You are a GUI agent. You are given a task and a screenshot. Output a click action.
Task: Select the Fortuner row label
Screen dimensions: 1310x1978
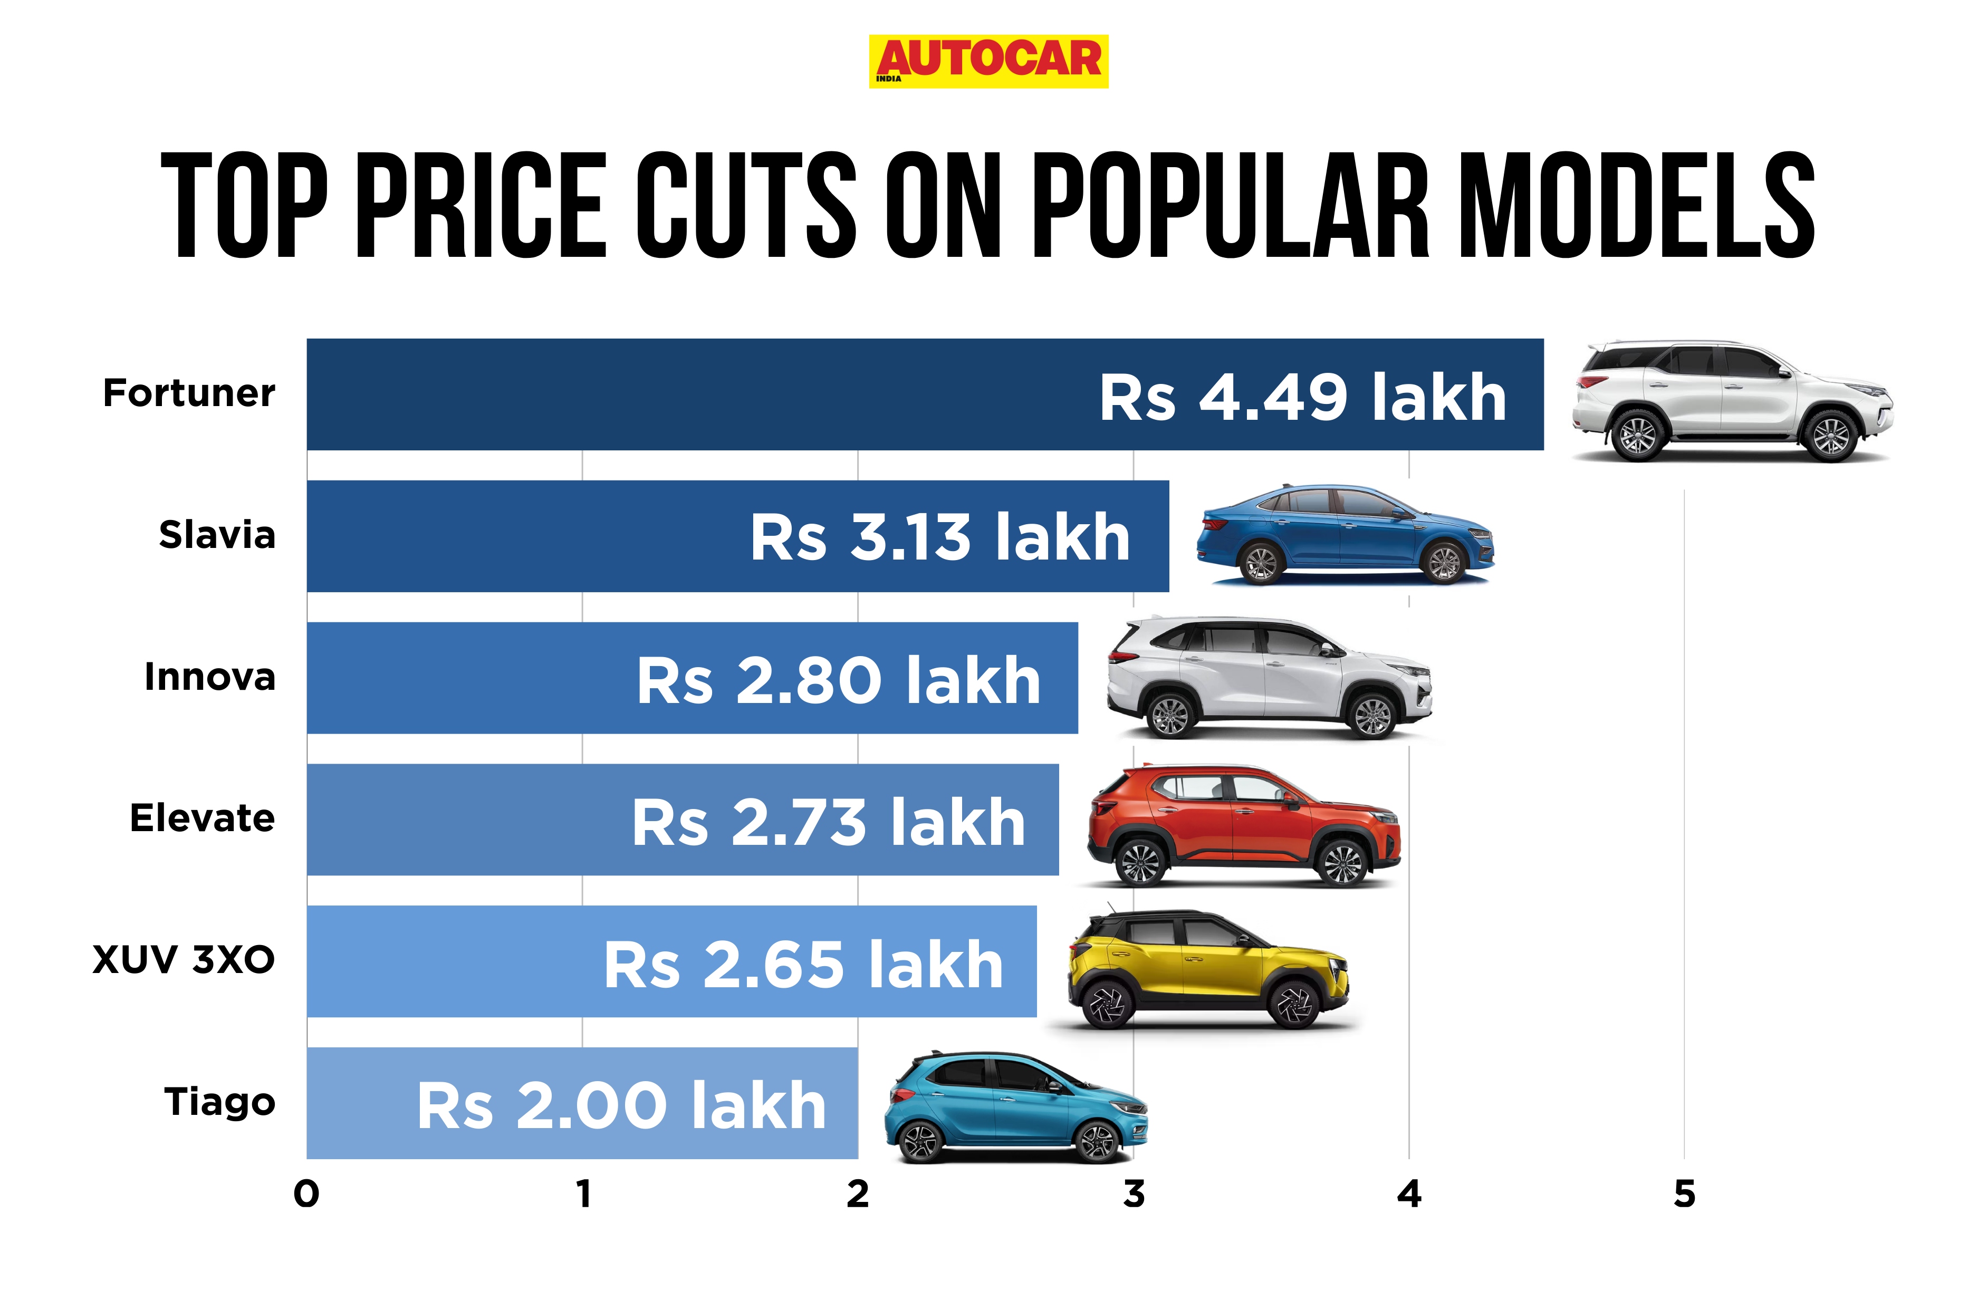189,393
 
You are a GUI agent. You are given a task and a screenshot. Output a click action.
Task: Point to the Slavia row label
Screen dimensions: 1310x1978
217,535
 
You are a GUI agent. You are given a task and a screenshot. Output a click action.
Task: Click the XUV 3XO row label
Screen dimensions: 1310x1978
184,960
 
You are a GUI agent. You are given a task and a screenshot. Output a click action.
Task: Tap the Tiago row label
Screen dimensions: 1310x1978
220,1102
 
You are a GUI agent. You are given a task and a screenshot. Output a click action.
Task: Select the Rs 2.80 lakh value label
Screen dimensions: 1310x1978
838,680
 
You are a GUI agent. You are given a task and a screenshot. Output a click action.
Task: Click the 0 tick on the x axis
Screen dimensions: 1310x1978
306,1195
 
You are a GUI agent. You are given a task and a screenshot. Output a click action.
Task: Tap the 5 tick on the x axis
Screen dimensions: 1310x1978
1684,1195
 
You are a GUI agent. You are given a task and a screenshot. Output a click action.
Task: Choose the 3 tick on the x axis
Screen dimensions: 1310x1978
1133,1195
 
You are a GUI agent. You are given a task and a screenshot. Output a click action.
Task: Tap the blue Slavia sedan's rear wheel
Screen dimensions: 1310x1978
1261,563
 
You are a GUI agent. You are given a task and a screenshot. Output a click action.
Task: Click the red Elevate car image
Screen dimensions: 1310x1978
1243,826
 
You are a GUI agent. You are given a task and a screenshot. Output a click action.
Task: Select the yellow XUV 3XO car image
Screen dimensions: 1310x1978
1207,969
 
